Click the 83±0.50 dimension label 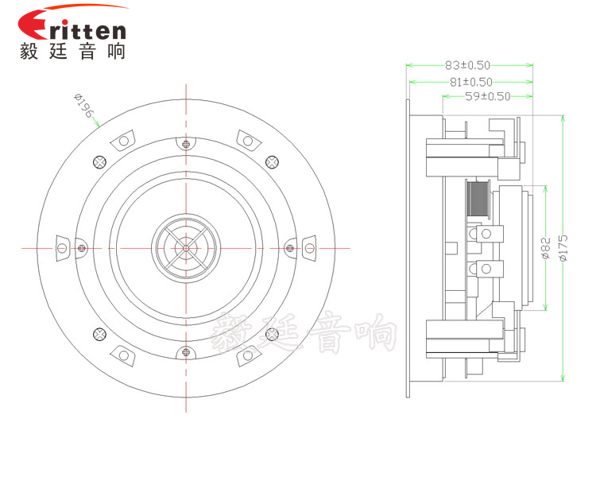[467, 65]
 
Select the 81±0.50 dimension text [471, 82]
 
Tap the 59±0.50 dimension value [488, 96]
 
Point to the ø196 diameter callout [83, 106]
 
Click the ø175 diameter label [563, 247]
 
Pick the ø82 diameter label [545, 248]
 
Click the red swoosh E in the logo [33, 25]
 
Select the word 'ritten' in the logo [87, 30]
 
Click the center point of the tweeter [186, 248]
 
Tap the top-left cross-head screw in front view [99, 162]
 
